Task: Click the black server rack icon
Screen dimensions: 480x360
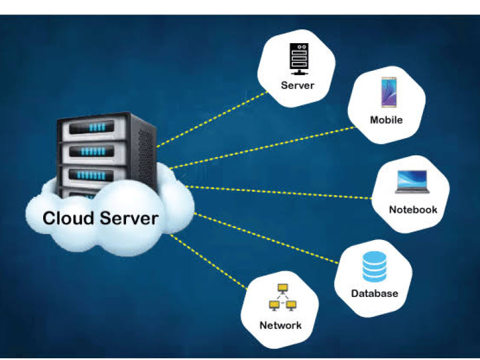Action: (x=299, y=59)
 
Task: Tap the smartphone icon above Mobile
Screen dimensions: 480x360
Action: (x=389, y=92)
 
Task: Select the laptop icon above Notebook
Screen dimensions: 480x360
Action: (x=412, y=182)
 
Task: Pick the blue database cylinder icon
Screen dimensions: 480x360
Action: (x=374, y=266)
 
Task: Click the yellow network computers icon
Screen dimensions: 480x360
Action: (x=283, y=298)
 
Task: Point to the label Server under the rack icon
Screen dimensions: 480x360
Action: (x=298, y=85)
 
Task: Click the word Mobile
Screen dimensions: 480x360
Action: (x=386, y=119)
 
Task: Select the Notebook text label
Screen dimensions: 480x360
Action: (x=413, y=209)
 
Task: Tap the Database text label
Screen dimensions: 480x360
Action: (x=374, y=293)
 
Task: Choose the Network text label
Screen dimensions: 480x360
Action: (x=280, y=325)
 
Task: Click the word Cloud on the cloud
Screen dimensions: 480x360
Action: (x=68, y=218)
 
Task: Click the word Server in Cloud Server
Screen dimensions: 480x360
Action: (x=129, y=218)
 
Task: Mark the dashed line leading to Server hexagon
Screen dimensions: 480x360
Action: (x=212, y=119)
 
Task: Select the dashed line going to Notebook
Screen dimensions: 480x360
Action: (x=278, y=192)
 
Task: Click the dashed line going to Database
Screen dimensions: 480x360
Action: (x=266, y=238)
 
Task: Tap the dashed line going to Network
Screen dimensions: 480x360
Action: (x=209, y=262)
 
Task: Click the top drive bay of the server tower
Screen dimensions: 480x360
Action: (x=92, y=127)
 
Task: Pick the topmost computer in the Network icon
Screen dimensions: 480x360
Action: (x=283, y=289)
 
